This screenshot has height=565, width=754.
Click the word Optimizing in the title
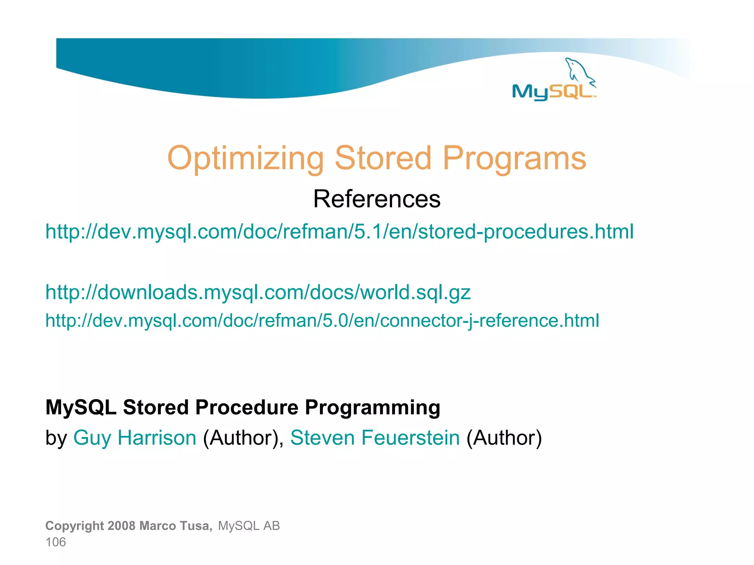coord(245,159)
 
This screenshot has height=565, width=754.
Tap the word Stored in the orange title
coord(383,159)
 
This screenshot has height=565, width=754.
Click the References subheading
coord(377,199)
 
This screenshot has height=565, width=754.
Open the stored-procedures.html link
coord(339,232)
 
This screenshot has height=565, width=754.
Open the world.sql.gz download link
coord(258,292)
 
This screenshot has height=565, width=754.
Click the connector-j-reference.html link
coord(322,320)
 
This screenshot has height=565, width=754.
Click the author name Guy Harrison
coord(135,438)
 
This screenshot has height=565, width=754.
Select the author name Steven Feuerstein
coord(375,438)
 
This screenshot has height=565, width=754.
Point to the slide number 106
coord(56,542)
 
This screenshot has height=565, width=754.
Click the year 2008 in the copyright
coord(122,526)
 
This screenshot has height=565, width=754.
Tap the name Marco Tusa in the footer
coord(176,526)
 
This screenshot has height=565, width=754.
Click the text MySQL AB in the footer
coord(249,526)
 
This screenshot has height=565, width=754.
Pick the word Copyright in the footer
coord(75,526)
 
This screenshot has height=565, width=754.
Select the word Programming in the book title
coord(372,408)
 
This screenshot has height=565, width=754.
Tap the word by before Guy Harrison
coord(56,438)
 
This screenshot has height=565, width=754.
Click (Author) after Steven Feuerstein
coord(504,438)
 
